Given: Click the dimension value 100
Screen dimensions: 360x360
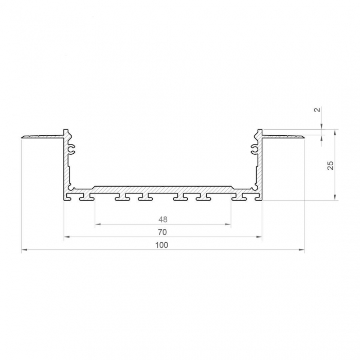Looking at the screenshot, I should point(163,245).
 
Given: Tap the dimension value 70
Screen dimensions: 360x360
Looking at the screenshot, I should point(163,232).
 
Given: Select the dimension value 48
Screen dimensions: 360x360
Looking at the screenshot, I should point(163,219).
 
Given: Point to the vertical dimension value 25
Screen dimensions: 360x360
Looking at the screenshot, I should point(331,165).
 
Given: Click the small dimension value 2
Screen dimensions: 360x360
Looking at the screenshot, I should point(317,110).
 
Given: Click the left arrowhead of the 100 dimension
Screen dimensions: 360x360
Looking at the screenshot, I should point(24,250).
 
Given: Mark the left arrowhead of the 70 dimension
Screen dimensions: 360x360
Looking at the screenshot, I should point(66,237).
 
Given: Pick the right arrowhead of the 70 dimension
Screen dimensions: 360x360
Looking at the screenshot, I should point(260,237).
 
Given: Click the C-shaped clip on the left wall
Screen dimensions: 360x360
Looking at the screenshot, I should point(72,149).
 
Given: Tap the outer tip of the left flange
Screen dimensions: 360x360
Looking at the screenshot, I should point(23,137).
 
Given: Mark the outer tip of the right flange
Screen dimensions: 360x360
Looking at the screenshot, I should point(303,137).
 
